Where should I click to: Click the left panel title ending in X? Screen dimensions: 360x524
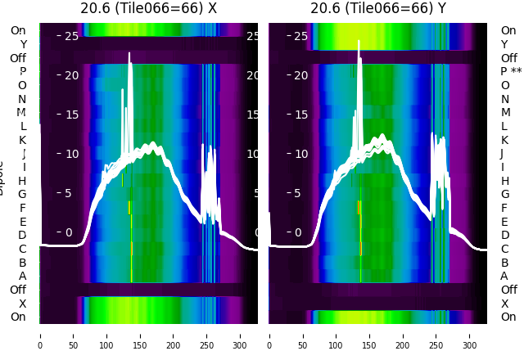pos(148,9)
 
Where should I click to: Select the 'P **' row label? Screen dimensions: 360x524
pos(511,72)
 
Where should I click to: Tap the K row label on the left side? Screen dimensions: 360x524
pos(23,140)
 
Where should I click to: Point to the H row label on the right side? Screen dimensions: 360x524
pos(505,181)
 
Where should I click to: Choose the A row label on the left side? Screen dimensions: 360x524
pos(23,277)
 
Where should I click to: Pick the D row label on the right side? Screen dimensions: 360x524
pos(505,236)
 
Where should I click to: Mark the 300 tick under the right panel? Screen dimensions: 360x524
pos(470,335)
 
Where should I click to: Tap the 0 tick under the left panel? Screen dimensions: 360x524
pos(40,335)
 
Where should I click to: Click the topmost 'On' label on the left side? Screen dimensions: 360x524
pos(18,30)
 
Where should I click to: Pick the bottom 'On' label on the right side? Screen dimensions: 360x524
pos(508,317)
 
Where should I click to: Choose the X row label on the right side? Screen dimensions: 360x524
pos(505,304)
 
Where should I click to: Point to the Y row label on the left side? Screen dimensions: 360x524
pos(23,44)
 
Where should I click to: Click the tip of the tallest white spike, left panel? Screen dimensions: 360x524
pos(129,53)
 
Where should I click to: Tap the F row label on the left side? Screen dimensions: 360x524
pos(23,208)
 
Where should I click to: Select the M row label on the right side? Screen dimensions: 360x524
pos(506,113)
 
